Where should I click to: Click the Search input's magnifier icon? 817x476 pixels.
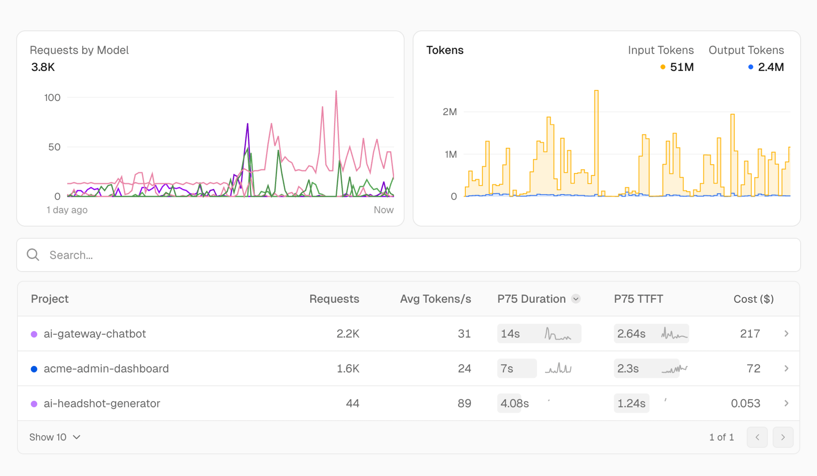[33, 255]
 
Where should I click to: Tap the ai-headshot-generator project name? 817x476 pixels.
[102, 403]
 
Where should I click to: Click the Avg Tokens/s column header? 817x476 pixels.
[435, 299]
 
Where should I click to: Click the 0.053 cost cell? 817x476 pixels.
[745, 403]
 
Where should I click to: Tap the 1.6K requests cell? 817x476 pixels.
[348, 369]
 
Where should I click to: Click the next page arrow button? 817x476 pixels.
[783, 437]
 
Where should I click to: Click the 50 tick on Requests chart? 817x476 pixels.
[54, 147]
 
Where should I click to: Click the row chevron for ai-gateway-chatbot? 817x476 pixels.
[786, 334]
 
